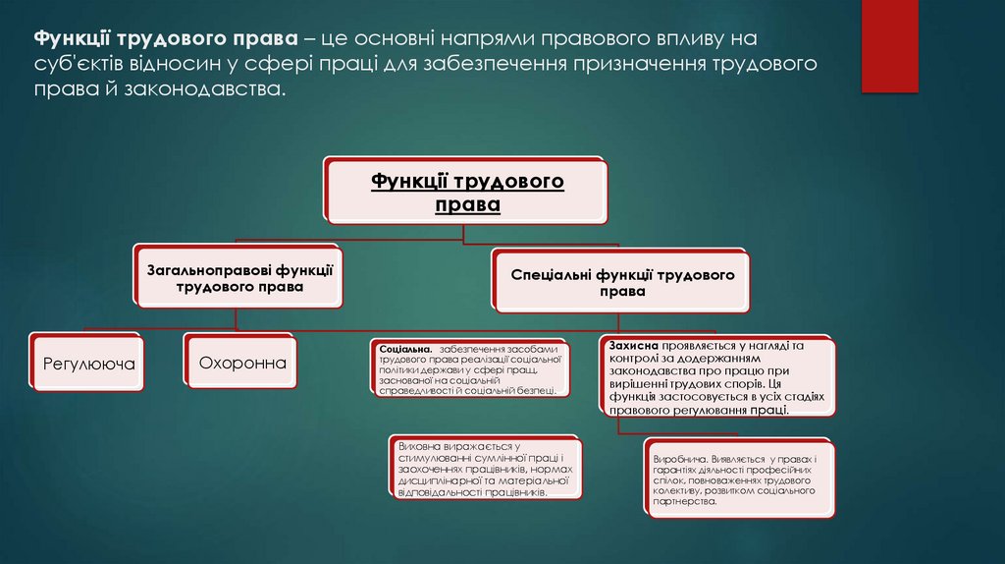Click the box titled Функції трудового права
[466, 192]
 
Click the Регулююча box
[88, 364]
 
